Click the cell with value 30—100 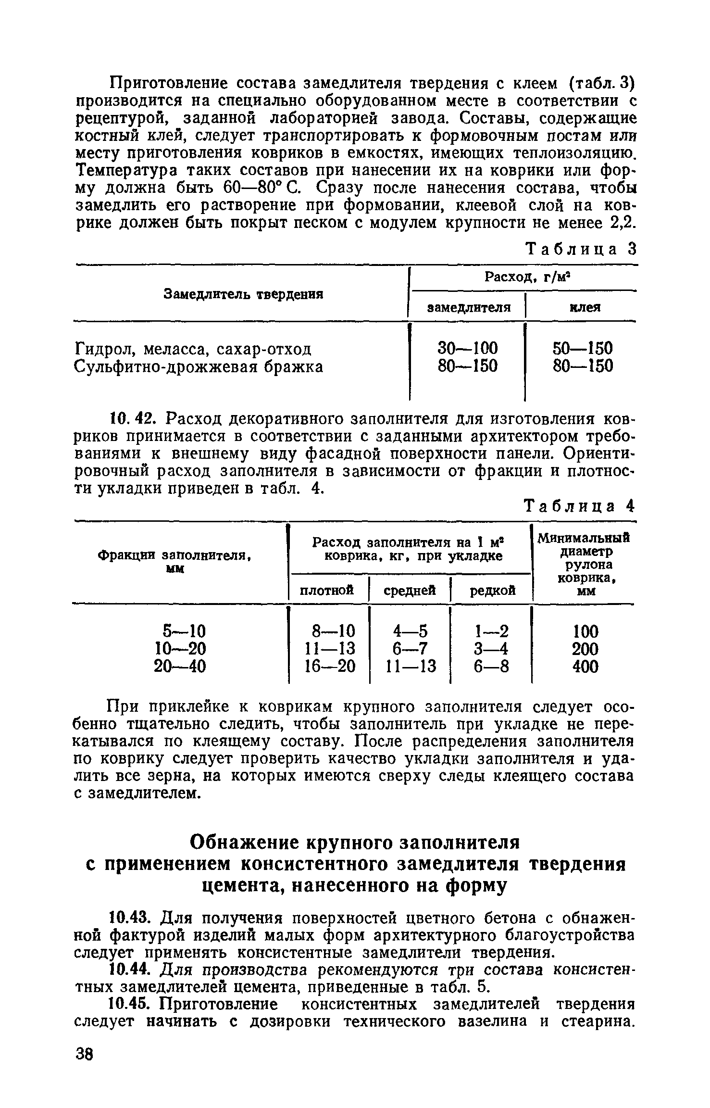(x=468, y=348)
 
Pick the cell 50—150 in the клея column (x=583, y=348)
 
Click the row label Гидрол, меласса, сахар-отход (x=194, y=348)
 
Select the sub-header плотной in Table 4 (x=327, y=590)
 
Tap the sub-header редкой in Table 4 (x=492, y=590)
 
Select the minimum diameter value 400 (x=585, y=667)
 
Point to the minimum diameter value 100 (x=585, y=631)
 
